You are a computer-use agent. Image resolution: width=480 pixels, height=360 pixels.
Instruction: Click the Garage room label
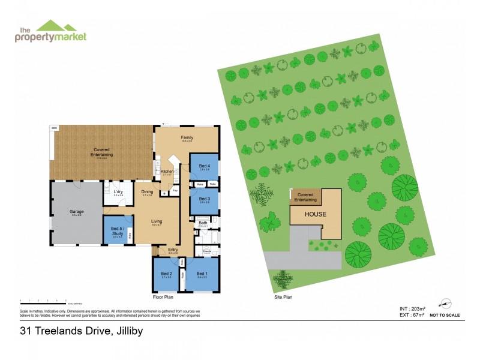click(76, 212)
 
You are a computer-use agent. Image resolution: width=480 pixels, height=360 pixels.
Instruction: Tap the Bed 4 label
click(205, 166)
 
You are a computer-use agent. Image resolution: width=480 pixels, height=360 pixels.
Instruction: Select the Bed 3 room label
click(205, 199)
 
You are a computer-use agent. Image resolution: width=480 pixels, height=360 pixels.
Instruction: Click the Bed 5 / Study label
click(118, 230)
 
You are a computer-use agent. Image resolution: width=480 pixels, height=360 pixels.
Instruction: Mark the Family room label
click(187, 138)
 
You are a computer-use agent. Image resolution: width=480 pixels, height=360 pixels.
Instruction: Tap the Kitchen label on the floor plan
click(167, 172)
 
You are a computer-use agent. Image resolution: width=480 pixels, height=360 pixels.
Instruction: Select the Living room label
click(157, 221)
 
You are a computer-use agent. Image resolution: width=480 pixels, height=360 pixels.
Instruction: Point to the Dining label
click(147, 192)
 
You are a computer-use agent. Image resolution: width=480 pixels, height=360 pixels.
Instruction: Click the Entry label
click(173, 250)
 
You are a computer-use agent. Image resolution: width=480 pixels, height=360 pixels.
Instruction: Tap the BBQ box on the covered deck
click(54, 128)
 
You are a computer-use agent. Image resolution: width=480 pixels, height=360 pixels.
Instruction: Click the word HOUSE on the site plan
click(315, 214)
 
